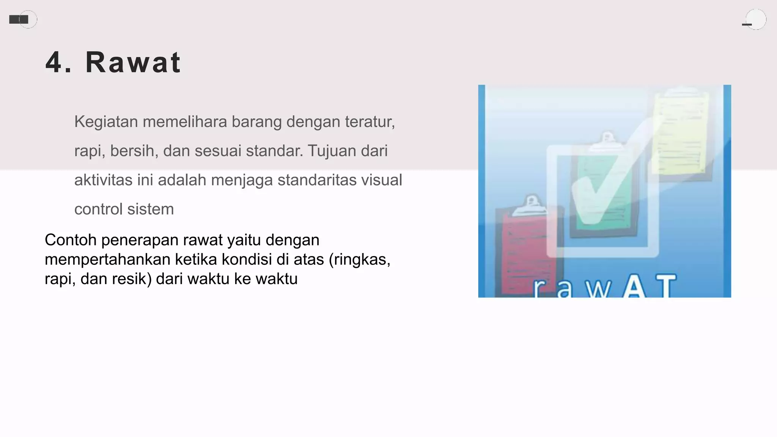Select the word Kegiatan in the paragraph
pos(106,122)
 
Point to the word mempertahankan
pos(107,260)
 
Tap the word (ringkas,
pos(359,260)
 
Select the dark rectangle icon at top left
pos(19,19)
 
